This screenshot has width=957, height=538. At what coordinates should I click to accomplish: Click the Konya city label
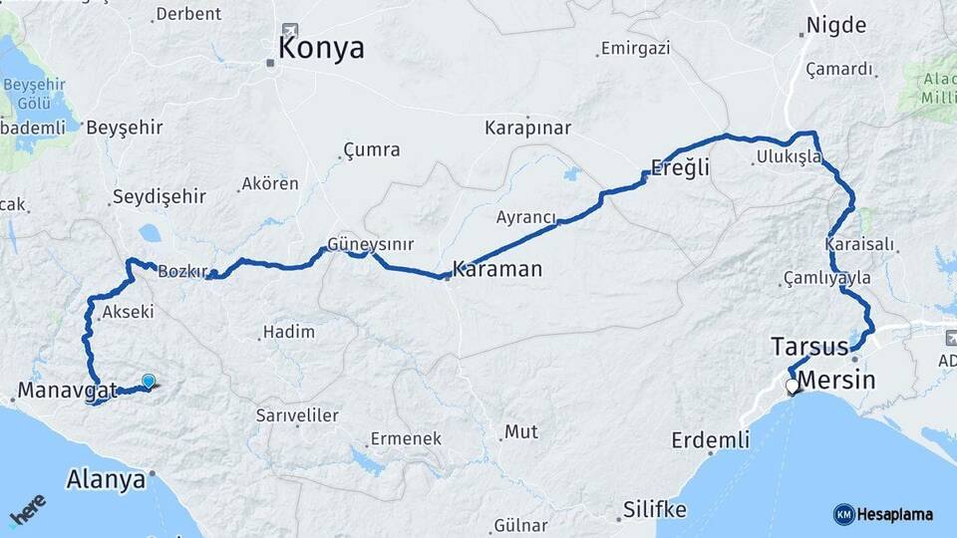click(x=322, y=48)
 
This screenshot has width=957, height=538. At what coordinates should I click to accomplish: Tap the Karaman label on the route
click(x=497, y=269)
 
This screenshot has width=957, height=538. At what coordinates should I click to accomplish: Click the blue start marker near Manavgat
click(x=149, y=381)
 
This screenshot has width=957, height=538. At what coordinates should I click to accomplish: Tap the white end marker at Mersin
click(x=793, y=387)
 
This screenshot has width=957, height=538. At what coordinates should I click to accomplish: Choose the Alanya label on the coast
click(x=106, y=479)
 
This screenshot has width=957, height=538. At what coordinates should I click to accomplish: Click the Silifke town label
click(x=654, y=509)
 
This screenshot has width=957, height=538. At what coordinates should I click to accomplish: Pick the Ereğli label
click(x=680, y=167)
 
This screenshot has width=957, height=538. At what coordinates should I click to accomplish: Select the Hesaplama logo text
click(x=894, y=514)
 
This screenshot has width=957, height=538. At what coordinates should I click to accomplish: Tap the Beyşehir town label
click(x=125, y=128)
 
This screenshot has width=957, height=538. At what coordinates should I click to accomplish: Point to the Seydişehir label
click(x=159, y=196)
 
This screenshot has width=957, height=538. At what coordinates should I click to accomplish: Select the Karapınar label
click(x=527, y=128)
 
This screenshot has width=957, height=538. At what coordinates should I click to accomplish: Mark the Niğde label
click(x=837, y=26)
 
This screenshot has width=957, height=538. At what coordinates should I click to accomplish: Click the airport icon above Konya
click(x=290, y=31)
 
